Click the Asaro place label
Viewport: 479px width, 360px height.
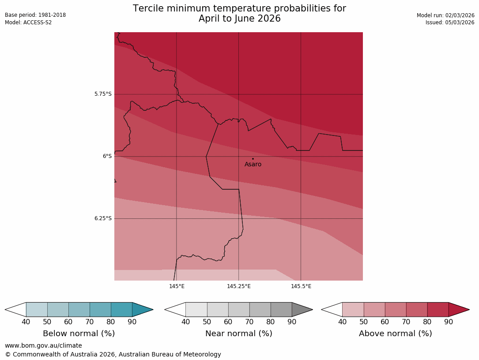click(253, 165)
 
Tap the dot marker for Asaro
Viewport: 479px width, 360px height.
click(253, 158)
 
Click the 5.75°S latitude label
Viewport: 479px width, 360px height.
click(103, 94)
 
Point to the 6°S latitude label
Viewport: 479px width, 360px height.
click(107, 156)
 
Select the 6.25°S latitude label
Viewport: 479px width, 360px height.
click(103, 218)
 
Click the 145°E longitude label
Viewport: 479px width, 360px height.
click(177, 286)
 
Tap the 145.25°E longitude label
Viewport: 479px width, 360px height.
click(239, 286)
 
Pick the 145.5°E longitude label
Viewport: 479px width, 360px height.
click(301, 286)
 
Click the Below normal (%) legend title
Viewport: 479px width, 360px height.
click(79, 334)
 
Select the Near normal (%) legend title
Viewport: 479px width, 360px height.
click(238, 334)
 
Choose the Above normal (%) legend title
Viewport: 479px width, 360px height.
click(395, 334)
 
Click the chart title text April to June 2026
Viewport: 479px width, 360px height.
click(239, 19)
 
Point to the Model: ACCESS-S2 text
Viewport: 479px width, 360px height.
click(28, 22)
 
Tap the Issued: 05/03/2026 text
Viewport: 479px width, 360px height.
click(450, 22)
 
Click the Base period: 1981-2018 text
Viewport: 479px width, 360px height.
click(35, 15)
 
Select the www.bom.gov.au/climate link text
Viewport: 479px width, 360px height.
click(43, 345)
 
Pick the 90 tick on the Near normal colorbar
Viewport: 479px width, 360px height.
click(292, 322)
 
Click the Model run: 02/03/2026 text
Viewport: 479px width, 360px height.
click(445, 15)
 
